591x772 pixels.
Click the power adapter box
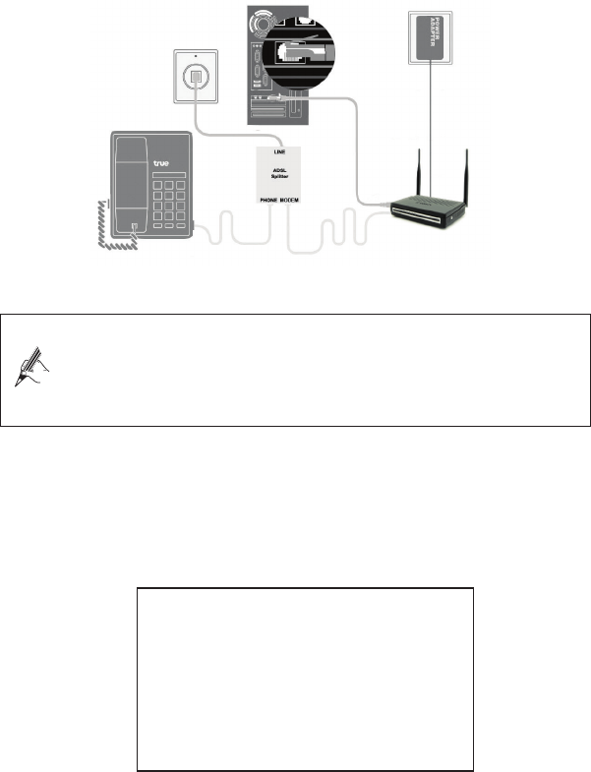(430, 35)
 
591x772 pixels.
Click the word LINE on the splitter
(277, 152)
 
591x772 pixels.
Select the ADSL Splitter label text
(277, 173)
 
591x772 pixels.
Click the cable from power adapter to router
(430, 128)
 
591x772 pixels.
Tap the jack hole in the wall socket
(195, 75)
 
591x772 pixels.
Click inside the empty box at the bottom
(305, 679)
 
